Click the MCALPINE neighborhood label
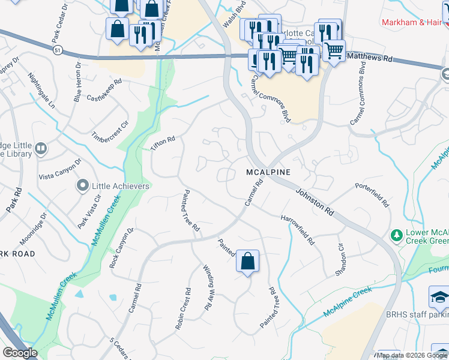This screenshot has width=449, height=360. click(268, 172)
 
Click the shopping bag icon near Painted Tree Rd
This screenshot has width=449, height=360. click(247, 261)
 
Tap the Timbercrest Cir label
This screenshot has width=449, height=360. click(110, 127)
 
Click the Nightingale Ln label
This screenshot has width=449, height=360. click(41, 90)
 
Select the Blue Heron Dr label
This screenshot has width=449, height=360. click(77, 80)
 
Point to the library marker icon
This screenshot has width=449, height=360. click(41, 148)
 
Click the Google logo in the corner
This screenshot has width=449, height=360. click(20, 353)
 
